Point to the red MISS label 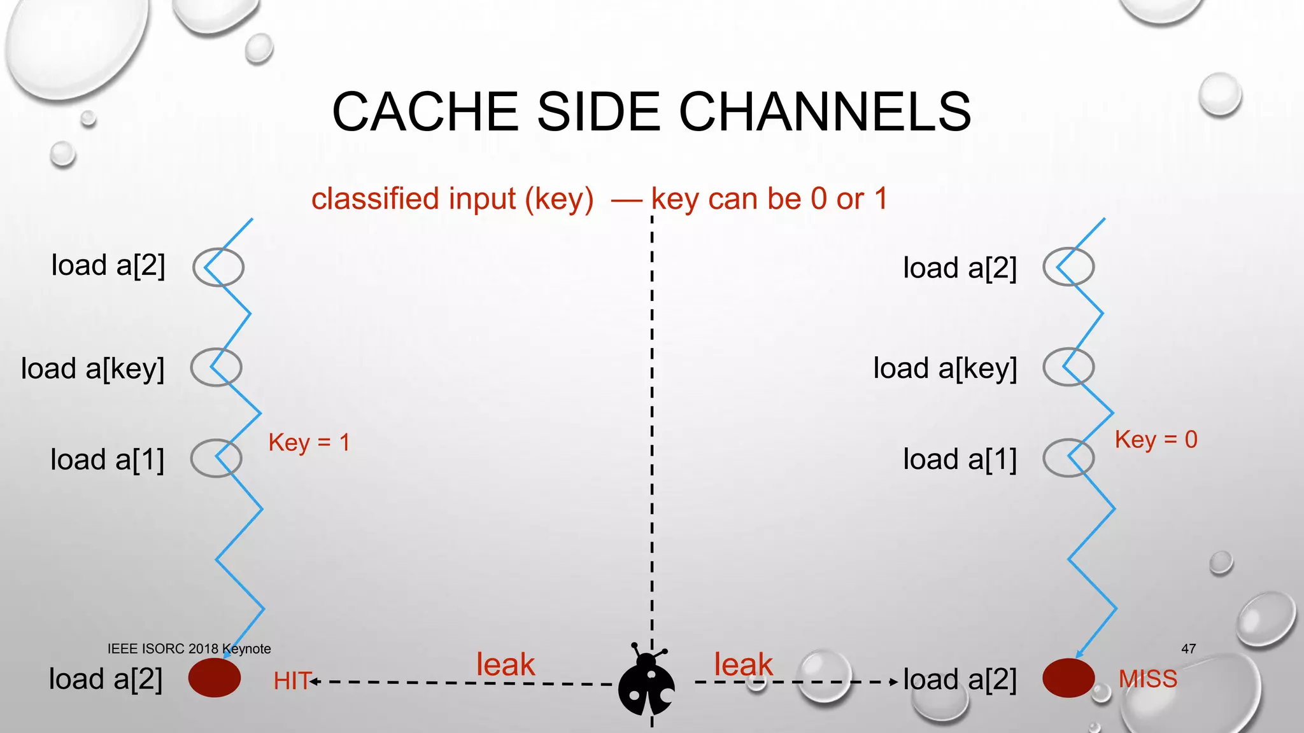click(x=1148, y=679)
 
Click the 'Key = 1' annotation click(x=309, y=442)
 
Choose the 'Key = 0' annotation click(x=1156, y=440)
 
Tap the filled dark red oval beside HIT click(x=215, y=678)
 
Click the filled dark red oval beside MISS click(x=1068, y=678)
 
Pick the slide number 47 click(x=1188, y=649)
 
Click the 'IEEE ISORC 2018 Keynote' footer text click(x=189, y=649)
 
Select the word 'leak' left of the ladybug click(x=506, y=665)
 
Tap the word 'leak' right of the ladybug click(x=743, y=665)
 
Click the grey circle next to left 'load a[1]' click(x=216, y=458)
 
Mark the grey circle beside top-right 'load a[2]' click(x=1068, y=267)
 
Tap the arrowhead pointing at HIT click(x=314, y=682)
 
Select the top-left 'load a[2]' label click(x=108, y=266)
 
